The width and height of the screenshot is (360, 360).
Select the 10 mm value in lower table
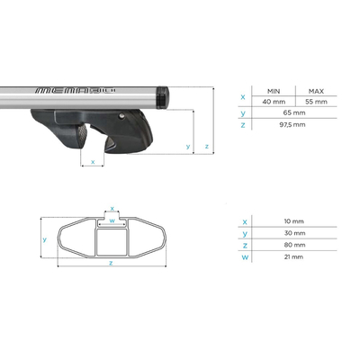293,220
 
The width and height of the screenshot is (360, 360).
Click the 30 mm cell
293,233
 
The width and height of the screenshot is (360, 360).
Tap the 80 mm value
293,246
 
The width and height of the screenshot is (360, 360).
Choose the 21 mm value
293,258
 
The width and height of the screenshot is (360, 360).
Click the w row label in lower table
244,258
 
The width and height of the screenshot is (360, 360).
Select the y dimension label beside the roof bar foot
187,146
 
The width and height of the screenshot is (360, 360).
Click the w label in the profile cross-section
111,219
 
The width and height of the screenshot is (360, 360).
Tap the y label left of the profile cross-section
44,239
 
